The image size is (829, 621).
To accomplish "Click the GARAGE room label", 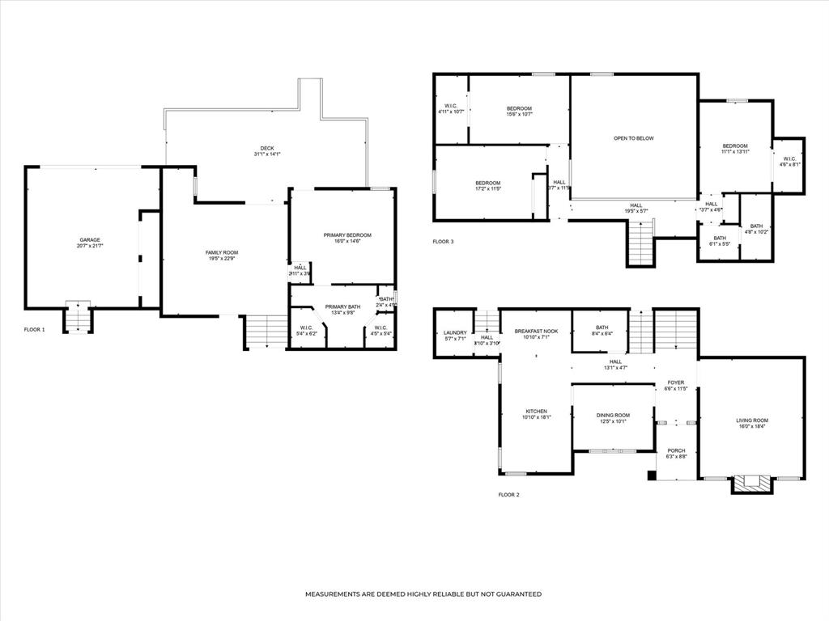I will point(90,240).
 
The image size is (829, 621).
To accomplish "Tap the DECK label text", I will point(266,148).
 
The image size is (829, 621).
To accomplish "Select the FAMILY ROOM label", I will point(221,253).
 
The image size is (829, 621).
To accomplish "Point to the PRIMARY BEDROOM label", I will point(347,235).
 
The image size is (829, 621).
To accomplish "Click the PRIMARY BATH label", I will point(342,306).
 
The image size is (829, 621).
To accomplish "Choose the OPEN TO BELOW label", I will point(633,138).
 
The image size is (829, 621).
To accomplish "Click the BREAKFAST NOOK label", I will point(536,331).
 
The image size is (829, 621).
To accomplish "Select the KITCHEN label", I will point(536,411).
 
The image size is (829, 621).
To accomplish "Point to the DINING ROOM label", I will point(613,415).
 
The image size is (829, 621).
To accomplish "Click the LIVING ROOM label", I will point(751,420).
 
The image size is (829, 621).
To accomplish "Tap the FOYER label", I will point(676,382).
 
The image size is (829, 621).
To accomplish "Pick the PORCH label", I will point(676,450).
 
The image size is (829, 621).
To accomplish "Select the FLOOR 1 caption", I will point(35,330).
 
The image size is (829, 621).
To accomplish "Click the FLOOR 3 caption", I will point(443,242).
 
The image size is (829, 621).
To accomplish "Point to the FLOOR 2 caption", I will point(508,494).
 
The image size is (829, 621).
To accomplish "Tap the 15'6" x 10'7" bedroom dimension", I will point(519,114).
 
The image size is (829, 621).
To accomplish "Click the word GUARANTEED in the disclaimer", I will point(512,594).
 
